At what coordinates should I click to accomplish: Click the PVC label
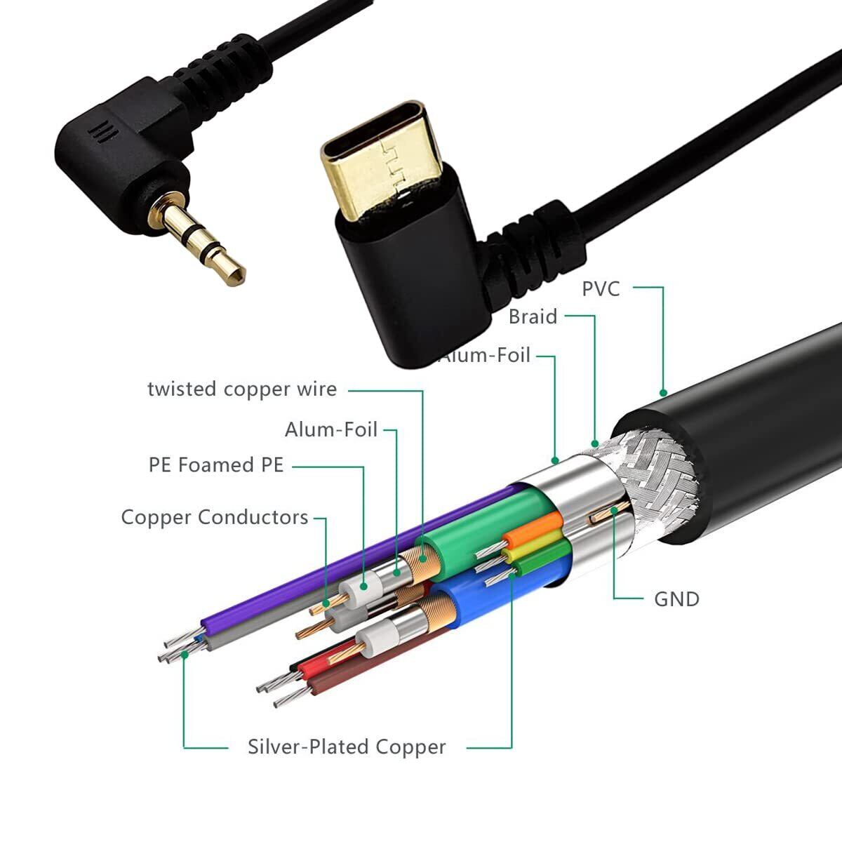coord(601,288)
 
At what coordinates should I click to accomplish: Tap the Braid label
coord(533,317)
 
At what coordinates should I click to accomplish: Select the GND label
coord(676,599)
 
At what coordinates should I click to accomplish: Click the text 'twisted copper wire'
coord(242,389)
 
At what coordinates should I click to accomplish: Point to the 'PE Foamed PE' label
coord(216,465)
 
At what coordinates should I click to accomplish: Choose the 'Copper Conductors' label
coord(215,517)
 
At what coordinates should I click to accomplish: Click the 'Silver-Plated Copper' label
coord(347,747)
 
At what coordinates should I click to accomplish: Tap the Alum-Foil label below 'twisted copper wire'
coord(331,429)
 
